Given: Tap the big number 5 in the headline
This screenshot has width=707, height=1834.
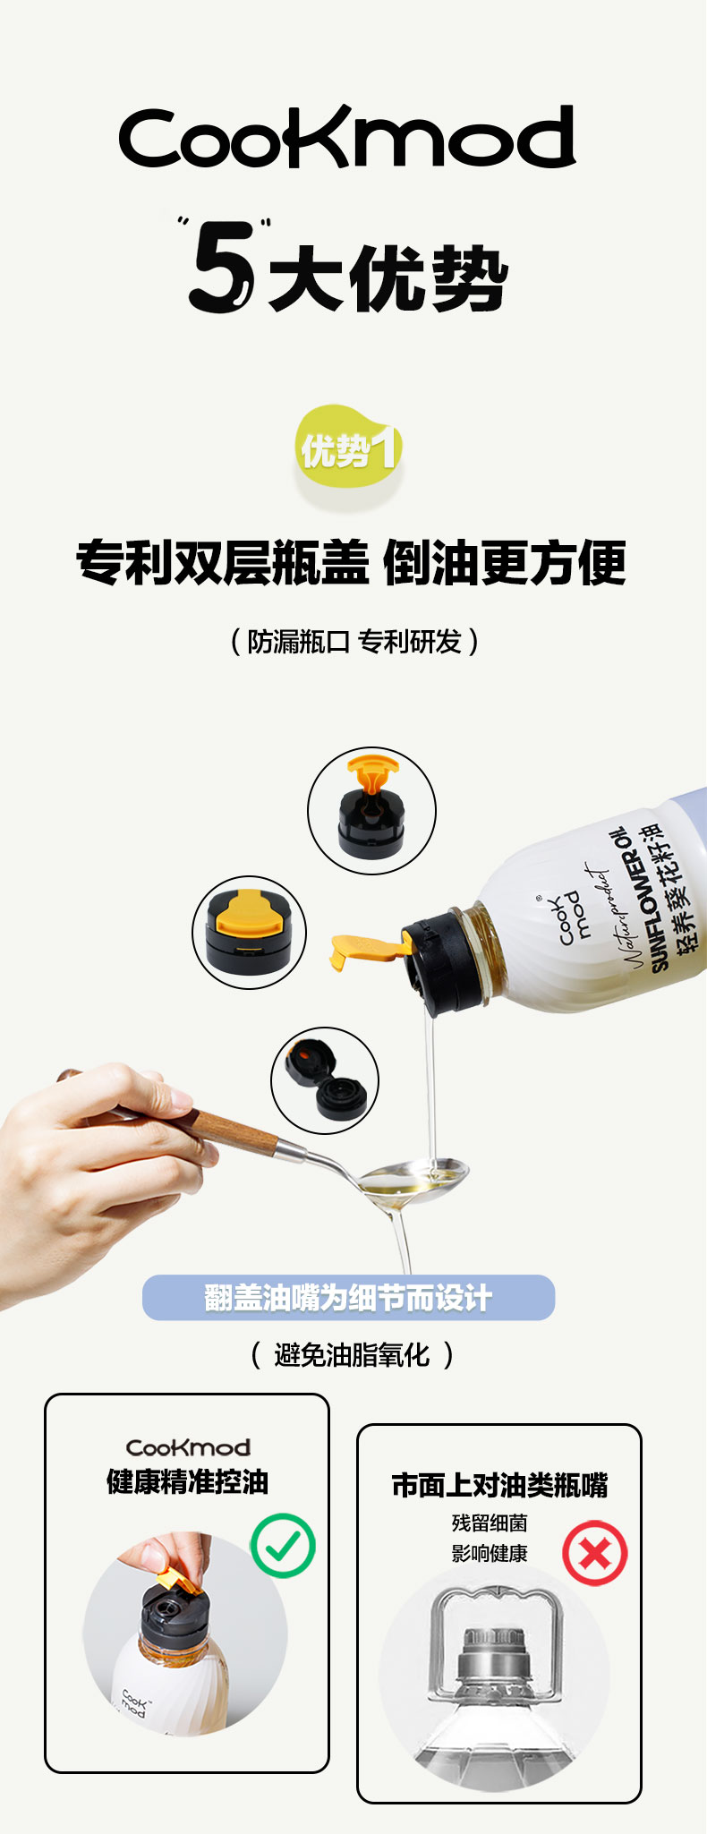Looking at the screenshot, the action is point(221,266).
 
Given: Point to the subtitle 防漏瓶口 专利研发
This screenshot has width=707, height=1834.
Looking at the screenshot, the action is point(353,642).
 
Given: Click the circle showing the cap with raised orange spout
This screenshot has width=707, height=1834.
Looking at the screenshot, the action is point(371,811).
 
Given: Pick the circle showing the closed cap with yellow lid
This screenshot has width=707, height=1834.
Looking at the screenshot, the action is point(250,933).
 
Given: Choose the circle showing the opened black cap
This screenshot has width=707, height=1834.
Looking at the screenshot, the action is point(325,1080).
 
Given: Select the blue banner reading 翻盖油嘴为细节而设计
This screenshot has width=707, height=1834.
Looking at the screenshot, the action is point(348,1297).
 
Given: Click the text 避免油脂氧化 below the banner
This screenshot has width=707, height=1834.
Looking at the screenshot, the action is point(352,1355).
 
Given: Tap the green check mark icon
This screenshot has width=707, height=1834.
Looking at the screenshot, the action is point(283,1545).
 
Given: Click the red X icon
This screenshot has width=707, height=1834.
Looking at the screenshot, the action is point(595,1553).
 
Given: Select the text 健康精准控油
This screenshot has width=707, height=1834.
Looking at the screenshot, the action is point(187,1481).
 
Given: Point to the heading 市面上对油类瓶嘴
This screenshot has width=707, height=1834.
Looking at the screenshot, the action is point(499,1486).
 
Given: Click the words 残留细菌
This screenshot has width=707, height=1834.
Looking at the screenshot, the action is point(490,1523).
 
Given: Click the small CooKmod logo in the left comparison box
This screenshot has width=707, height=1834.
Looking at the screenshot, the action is point(188,1446).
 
